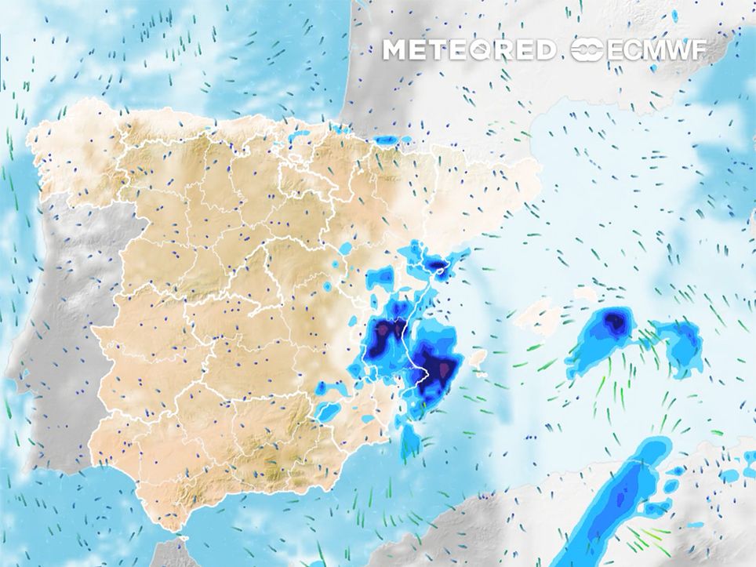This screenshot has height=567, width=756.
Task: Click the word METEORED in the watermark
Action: click(x=469, y=50)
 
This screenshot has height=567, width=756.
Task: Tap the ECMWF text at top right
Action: click(x=656, y=50)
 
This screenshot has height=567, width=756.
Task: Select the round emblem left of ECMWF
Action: click(x=587, y=51)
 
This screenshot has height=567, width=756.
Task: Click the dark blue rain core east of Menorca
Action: click(x=616, y=322)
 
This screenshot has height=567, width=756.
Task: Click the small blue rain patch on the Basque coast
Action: click(x=386, y=140)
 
